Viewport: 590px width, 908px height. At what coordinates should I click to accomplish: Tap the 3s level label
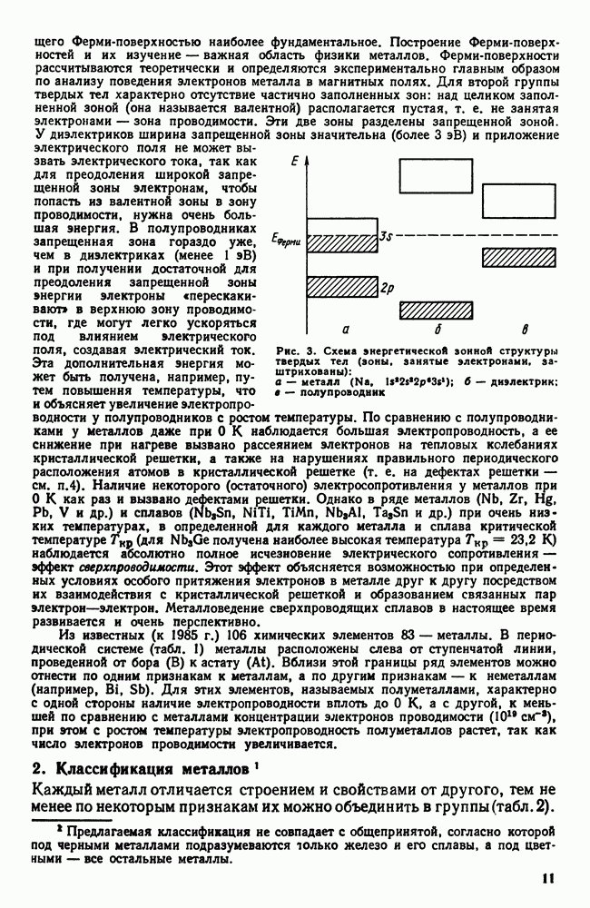(x=386, y=237)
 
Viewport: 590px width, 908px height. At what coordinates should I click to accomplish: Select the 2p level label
(x=387, y=289)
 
